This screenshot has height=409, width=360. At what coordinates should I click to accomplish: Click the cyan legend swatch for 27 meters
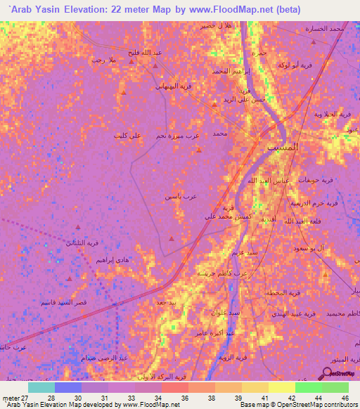click(x=41, y=387)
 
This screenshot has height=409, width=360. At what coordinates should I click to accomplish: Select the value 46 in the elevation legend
click(x=345, y=397)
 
